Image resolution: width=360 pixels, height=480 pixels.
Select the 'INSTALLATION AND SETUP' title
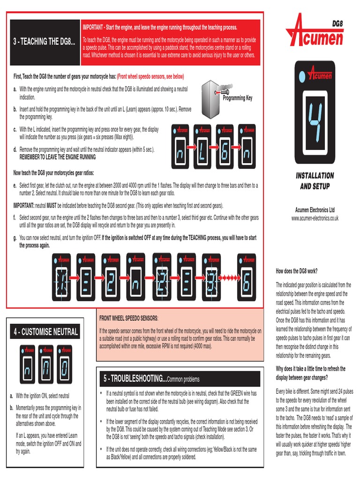[x=315, y=180]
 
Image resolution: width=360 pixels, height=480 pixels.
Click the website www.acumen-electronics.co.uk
[x=315, y=218]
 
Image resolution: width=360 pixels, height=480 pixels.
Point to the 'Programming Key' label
[x=237, y=98]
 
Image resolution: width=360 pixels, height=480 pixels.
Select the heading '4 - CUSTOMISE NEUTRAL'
[x=45, y=332]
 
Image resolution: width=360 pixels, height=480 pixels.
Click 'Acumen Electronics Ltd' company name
[x=315, y=210]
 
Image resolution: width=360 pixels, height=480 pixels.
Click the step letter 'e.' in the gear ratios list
[x=15, y=186]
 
